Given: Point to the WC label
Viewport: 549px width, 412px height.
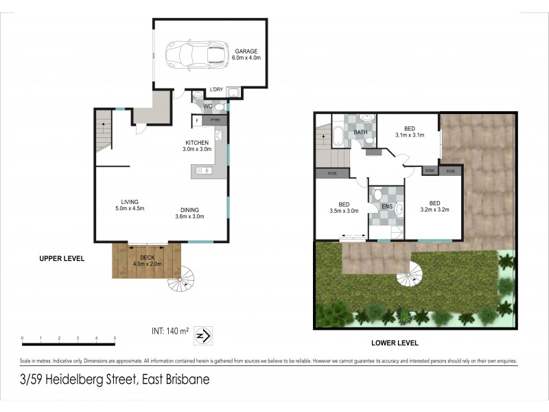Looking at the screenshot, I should (207, 106).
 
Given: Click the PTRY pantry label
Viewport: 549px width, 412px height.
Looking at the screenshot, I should (215, 120).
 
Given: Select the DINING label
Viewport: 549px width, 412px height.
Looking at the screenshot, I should (190, 210).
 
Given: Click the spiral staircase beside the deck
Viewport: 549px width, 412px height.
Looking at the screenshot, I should (182, 278).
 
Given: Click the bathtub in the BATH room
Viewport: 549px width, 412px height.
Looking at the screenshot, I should (339, 135).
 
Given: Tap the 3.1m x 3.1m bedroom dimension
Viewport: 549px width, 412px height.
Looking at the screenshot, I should (410, 135).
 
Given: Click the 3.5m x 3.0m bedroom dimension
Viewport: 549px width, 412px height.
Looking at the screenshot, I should (344, 211).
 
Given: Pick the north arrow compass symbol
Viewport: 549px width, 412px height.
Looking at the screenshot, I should (204, 334).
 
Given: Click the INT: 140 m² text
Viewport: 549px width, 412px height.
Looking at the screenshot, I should (170, 331).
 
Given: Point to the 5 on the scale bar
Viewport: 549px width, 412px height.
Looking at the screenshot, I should (115, 339).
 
